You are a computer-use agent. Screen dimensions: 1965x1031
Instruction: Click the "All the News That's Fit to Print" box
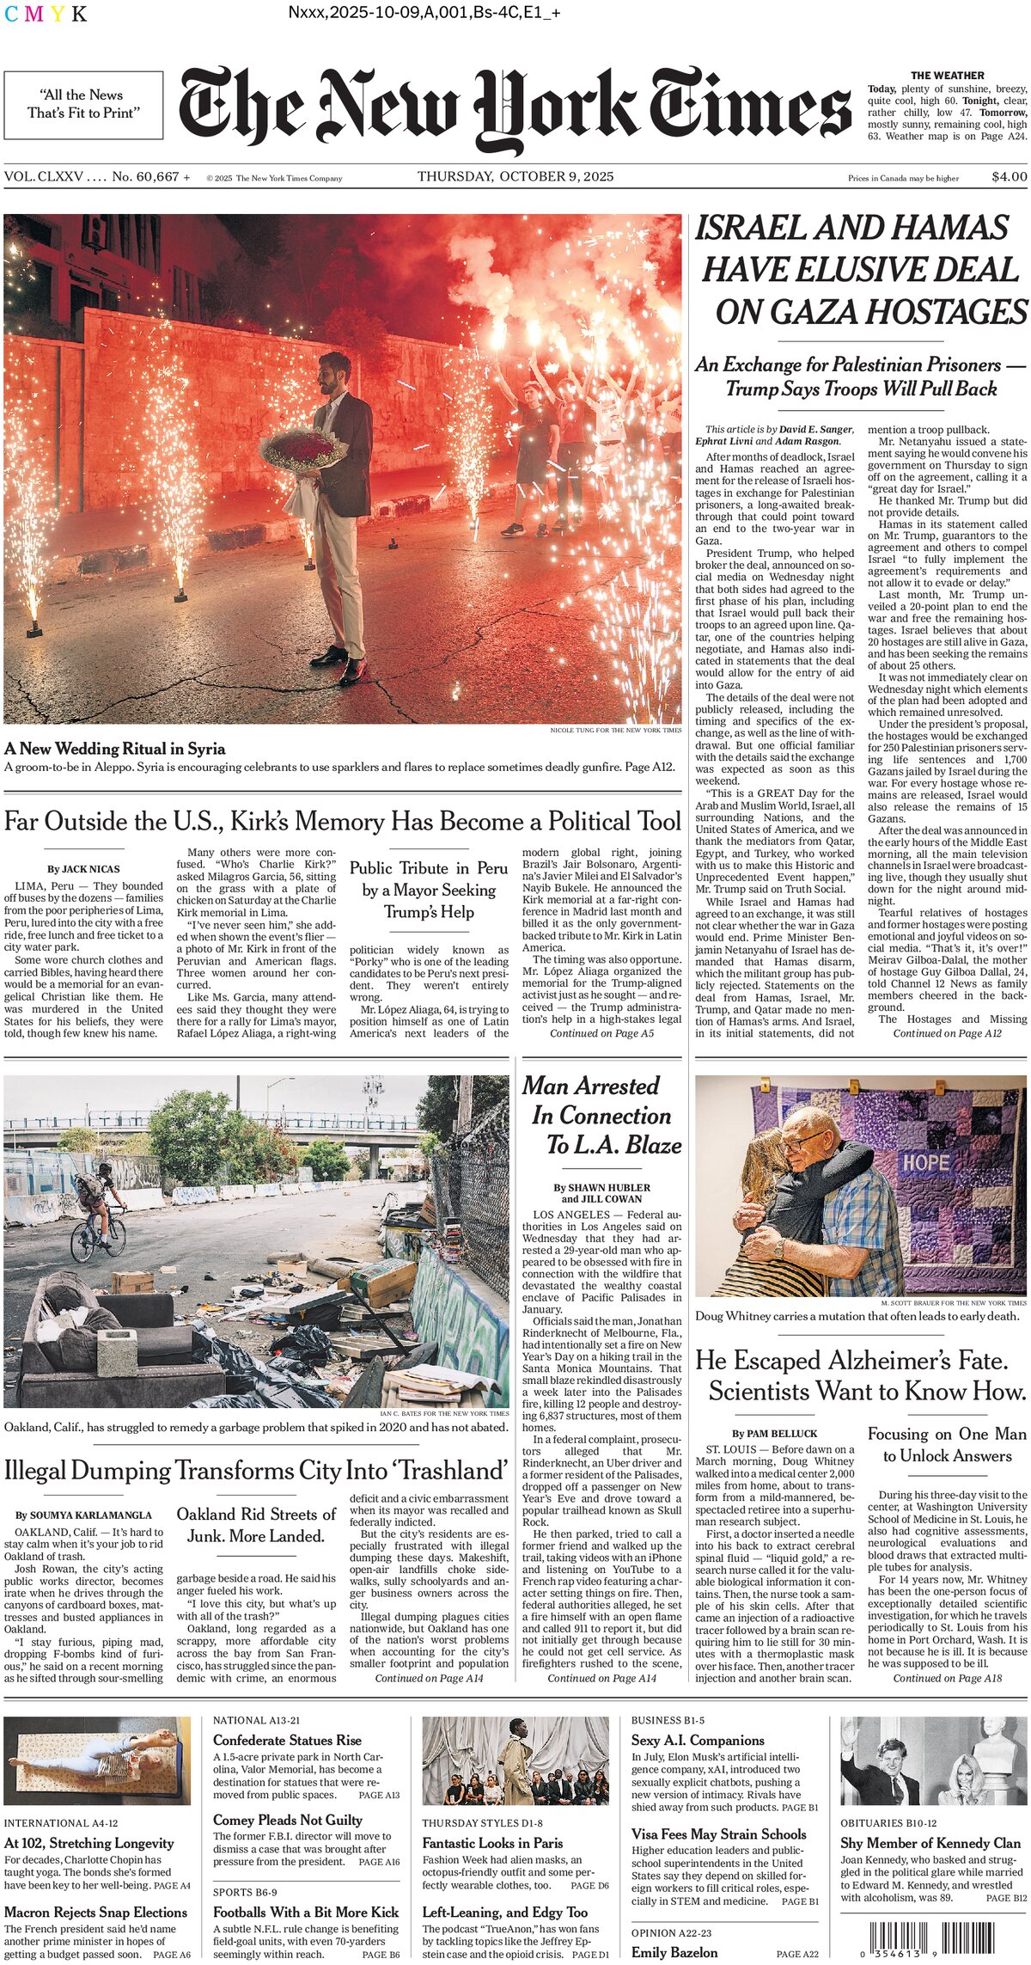[83, 105]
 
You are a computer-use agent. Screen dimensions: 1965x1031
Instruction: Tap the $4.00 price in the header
[1009, 177]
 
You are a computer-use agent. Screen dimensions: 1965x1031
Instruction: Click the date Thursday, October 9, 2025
[515, 177]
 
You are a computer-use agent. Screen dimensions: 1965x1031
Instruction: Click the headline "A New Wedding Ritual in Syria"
[115, 748]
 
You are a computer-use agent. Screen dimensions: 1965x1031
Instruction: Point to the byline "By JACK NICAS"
[83, 869]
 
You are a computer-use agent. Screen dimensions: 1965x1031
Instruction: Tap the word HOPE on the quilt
[925, 1164]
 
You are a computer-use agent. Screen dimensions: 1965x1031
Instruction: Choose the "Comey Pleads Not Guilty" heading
[288, 1820]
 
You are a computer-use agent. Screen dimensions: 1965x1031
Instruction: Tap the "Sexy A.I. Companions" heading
[698, 1740]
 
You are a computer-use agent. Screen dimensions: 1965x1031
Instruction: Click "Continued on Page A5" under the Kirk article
[601, 1033]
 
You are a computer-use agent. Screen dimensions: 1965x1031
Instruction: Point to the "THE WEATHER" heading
[947, 76]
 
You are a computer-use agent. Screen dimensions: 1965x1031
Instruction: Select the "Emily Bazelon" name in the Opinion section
[674, 1952]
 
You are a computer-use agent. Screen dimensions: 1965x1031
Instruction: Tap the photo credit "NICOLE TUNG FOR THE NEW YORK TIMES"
[615, 730]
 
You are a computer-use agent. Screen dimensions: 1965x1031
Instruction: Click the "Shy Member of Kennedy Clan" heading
[930, 1843]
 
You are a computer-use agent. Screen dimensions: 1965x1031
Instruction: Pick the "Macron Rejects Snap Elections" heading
[95, 1913]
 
